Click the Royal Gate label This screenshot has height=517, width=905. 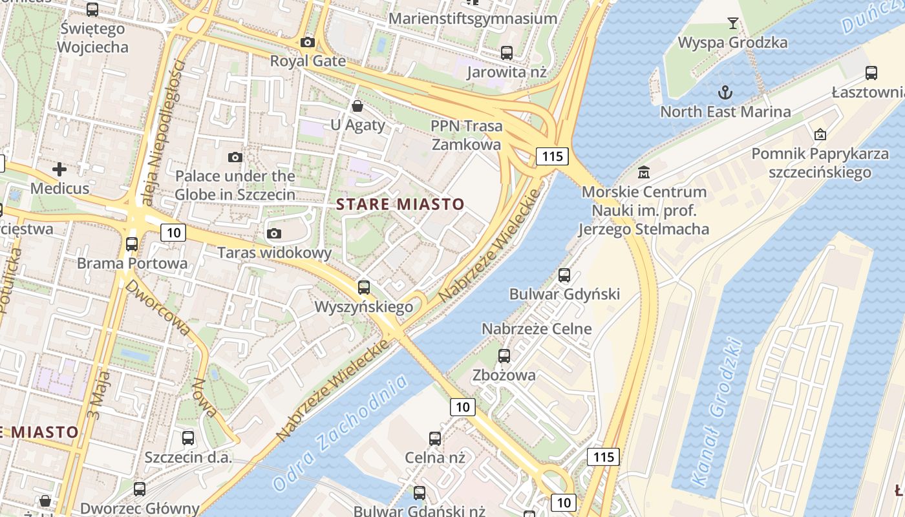(x=308, y=61)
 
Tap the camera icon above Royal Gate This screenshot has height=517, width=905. (x=308, y=43)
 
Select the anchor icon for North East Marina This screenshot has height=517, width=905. (x=725, y=92)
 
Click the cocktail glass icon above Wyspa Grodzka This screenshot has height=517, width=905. (x=732, y=24)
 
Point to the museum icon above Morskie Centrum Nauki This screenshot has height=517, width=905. (x=644, y=173)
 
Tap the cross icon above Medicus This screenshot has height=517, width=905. (x=59, y=169)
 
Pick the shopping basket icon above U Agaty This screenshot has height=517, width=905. (x=357, y=106)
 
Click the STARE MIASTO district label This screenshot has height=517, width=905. (x=401, y=205)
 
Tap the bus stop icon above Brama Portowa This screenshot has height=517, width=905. (x=132, y=244)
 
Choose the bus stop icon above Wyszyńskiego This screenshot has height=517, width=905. (x=364, y=287)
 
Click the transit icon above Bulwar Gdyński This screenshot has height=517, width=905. (x=564, y=275)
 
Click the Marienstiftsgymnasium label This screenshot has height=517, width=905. (x=473, y=18)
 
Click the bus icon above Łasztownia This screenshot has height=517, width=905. (x=871, y=73)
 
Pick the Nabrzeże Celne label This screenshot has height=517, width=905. (x=537, y=328)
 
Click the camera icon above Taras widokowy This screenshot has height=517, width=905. (x=274, y=233)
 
